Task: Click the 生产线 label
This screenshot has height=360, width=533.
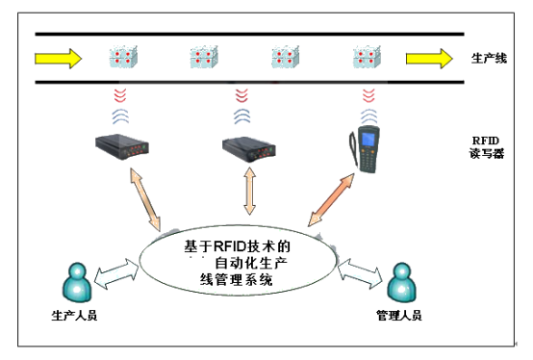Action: point(489,58)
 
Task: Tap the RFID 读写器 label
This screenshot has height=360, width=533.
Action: point(487,147)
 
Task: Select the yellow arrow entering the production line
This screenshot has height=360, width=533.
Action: point(58,59)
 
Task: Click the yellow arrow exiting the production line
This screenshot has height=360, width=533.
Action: point(429,59)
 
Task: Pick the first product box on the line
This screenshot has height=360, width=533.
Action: point(123,57)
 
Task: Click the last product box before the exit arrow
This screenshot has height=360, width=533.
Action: point(367,57)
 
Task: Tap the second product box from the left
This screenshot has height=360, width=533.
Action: point(204,57)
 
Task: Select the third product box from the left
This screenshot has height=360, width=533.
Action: point(285,57)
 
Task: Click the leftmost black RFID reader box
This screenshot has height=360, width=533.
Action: point(122,147)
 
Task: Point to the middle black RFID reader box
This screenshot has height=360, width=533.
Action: point(249,149)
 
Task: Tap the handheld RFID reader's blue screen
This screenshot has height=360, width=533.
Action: point(368,139)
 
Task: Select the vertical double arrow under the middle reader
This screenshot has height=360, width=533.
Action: point(250,191)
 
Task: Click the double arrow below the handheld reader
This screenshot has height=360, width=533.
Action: point(331,199)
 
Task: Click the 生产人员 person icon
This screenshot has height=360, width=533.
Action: point(77,282)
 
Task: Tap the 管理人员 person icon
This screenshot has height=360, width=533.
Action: point(402,282)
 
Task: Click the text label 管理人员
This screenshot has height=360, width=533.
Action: point(399,316)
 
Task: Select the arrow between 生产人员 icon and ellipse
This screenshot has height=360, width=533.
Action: point(116,274)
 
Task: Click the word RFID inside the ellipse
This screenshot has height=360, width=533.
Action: point(230,246)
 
